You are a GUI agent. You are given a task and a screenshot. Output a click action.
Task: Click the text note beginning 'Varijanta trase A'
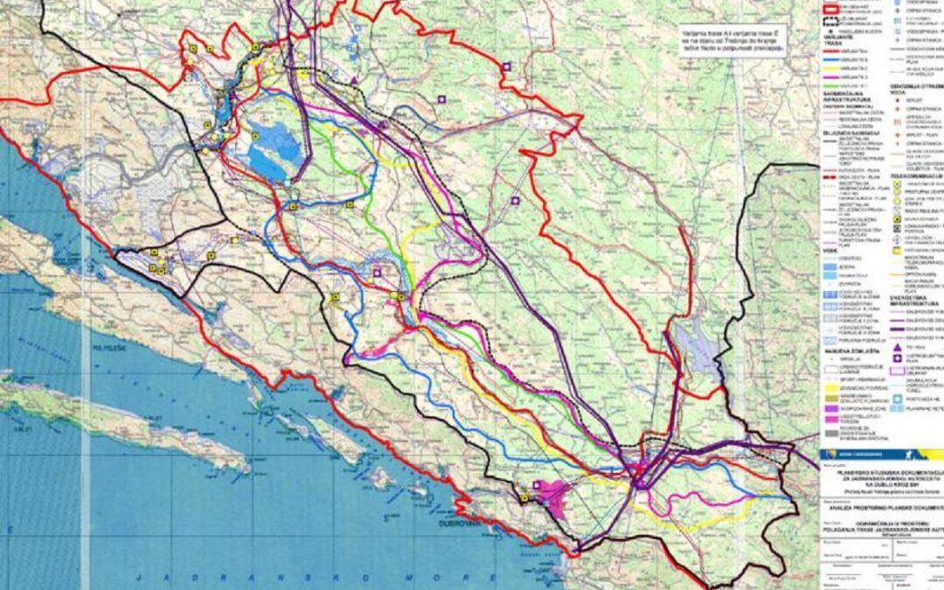tap(735, 41)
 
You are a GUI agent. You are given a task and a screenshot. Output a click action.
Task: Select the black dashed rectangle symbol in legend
tap(831, 22)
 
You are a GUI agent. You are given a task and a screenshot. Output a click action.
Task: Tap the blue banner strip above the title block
tap(878, 455)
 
